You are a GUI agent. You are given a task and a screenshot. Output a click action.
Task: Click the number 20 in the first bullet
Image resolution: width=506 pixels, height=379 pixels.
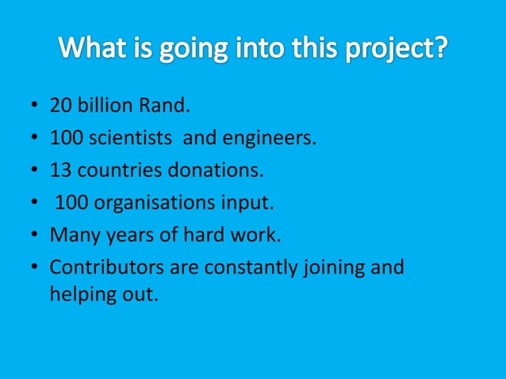tap(60, 105)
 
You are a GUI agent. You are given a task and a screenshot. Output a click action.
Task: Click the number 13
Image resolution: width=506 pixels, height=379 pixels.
tap(60, 170)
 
